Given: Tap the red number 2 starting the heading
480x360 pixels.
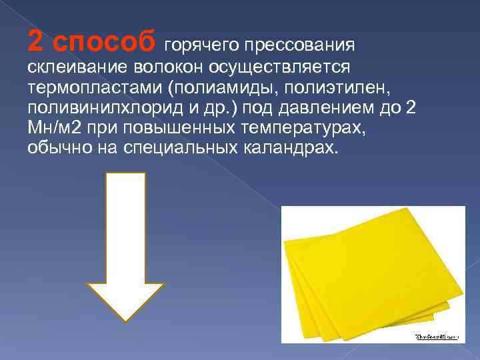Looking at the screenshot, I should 35,41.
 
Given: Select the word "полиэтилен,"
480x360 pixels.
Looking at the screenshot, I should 324,89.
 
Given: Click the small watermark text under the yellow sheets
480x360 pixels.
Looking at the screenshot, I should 437,337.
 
